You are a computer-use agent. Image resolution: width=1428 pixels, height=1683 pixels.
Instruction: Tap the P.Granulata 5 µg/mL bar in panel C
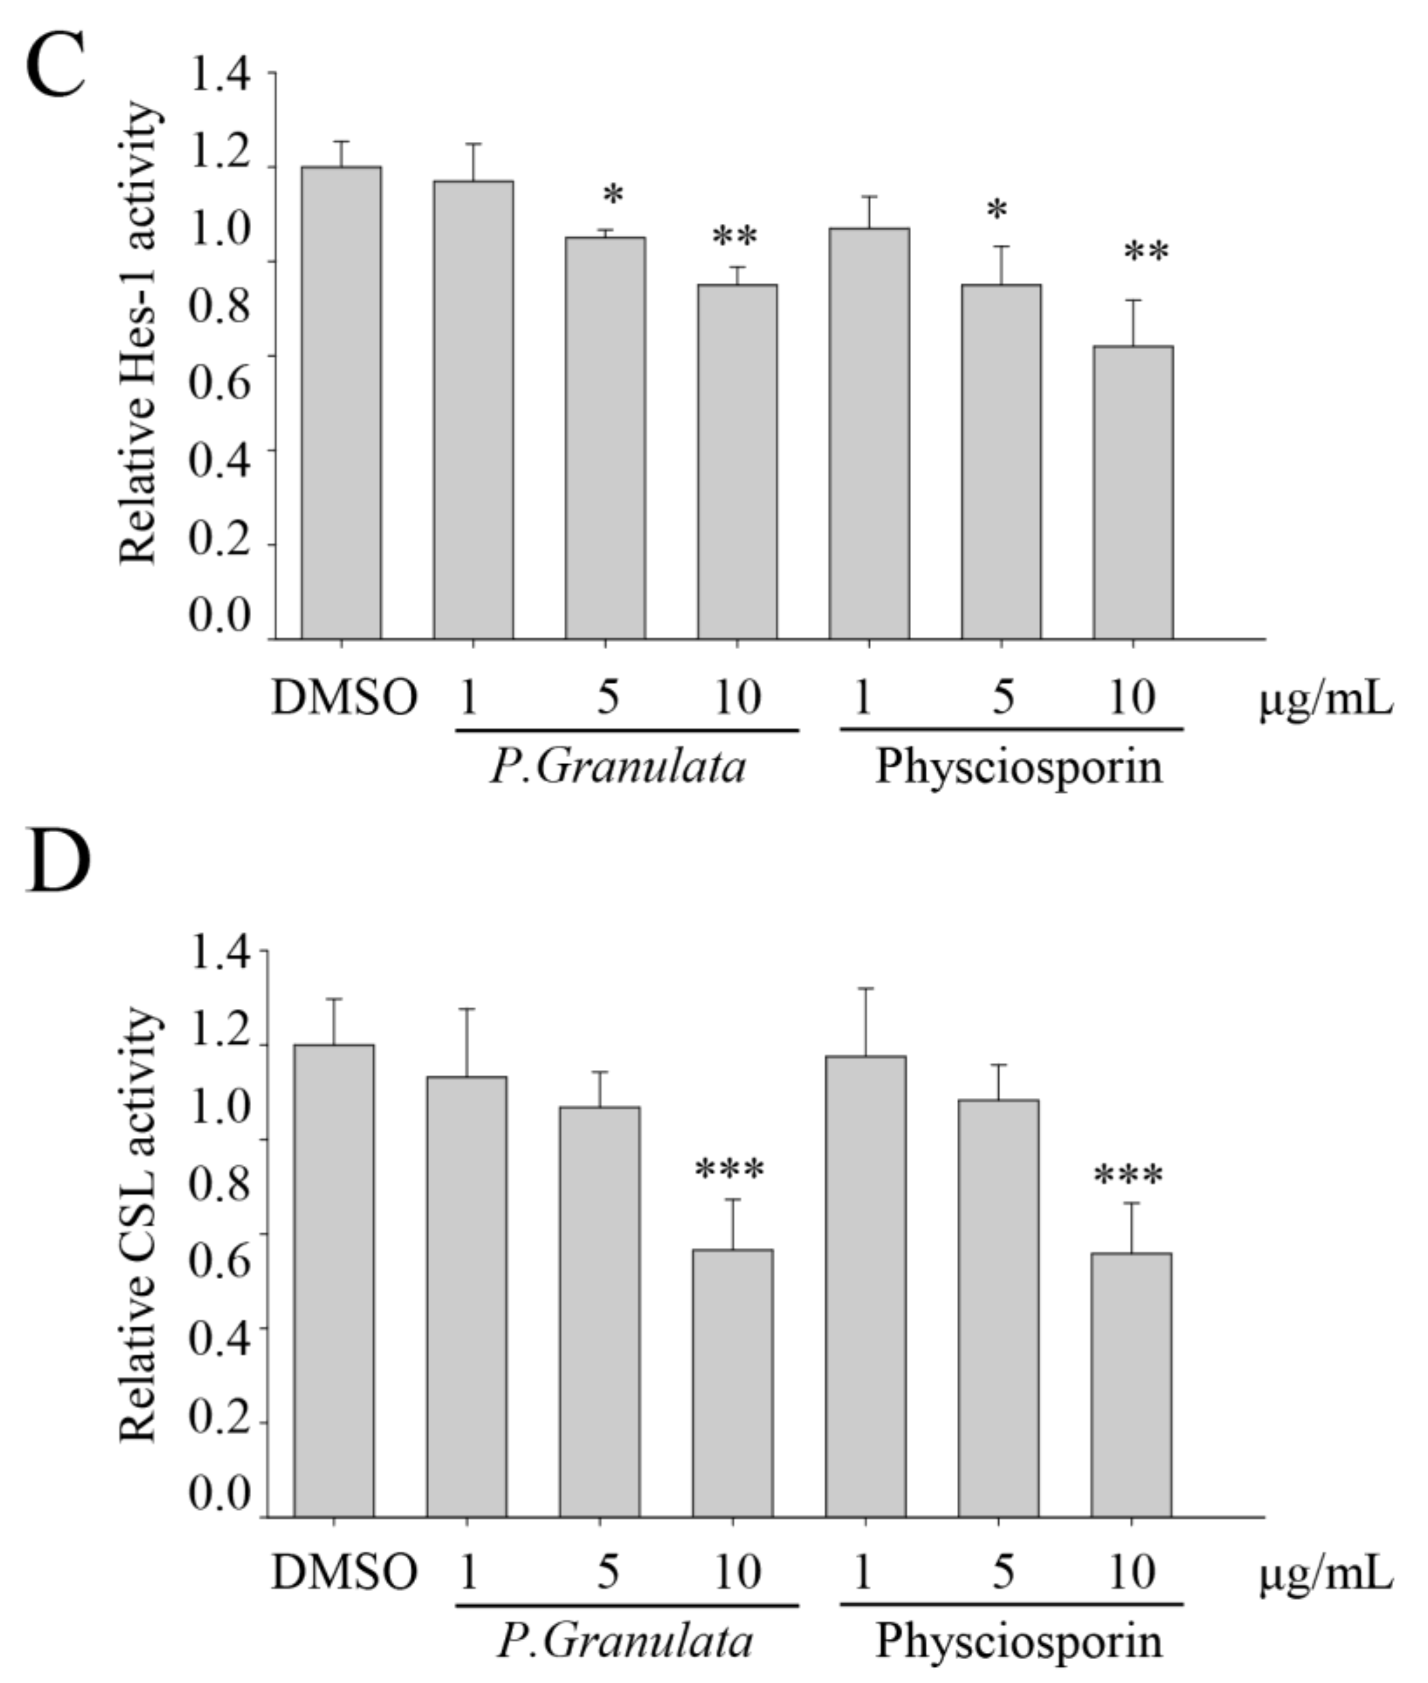pyautogui.click(x=605, y=438)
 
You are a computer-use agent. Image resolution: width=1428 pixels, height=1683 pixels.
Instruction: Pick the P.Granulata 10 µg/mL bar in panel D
pyautogui.click(x=733, y=1384)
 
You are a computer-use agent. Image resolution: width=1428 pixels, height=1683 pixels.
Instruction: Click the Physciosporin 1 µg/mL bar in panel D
pyautogui.click(x=865, y=1287)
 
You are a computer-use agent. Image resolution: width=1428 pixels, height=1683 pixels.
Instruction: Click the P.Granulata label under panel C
pyautogui.click(x=617, y=767)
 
